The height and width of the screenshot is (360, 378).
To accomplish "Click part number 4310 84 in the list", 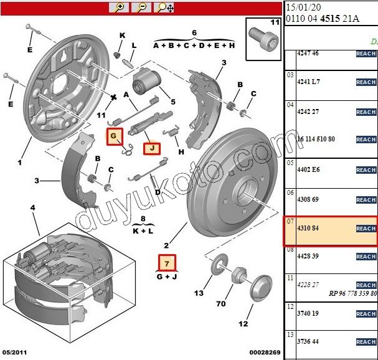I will [x=306, y=229].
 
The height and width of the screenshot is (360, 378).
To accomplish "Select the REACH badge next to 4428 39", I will [x=366, y=257].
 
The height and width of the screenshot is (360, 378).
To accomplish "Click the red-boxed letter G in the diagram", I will [x=113, y=136].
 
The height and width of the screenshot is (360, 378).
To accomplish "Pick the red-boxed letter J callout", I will [x=151, y=148].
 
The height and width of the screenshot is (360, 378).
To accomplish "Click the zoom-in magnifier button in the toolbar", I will [x=118, y=7].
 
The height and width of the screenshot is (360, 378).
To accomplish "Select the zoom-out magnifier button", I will [x=141, y=7].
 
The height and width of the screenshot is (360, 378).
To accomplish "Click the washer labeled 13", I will [x=218, y=265].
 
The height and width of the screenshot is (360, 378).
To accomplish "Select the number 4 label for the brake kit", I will [x=32, y=207].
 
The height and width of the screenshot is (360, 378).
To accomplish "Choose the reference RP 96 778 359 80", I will [x=352, y=293].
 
